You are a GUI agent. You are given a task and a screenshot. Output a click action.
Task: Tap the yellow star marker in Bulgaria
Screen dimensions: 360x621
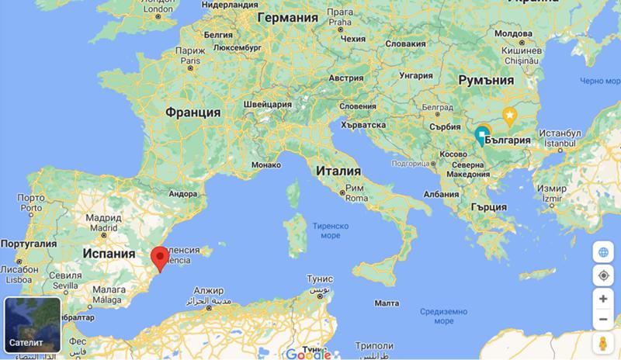510,116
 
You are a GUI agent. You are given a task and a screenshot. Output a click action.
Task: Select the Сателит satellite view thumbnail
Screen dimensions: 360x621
34,324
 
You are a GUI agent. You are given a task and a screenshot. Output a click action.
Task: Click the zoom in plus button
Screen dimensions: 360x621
603,299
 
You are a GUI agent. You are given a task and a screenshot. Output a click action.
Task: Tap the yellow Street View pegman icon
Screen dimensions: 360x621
603,344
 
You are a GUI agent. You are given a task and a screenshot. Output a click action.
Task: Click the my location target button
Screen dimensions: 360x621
603,275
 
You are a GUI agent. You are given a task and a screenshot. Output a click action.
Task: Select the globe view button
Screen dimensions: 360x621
603,252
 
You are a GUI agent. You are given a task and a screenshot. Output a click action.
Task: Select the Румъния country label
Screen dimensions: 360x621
487,80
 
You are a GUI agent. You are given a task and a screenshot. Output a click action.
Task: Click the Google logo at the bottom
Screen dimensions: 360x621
308,354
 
